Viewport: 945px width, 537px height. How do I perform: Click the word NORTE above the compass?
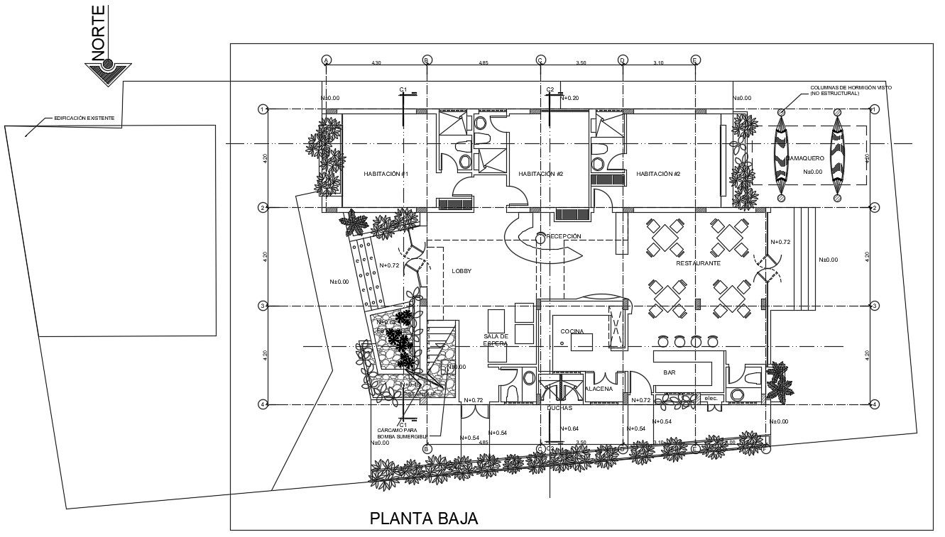98,31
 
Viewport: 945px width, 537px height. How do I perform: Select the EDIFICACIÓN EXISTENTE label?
84,118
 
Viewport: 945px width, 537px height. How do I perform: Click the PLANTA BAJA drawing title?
424,519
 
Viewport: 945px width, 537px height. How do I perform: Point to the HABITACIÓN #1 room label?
386,174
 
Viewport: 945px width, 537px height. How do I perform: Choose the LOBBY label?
461,271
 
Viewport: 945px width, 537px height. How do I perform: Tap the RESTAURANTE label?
698,263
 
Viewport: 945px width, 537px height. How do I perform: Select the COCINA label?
572,332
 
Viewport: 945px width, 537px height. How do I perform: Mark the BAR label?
669,372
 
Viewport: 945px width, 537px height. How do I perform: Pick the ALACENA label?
599,389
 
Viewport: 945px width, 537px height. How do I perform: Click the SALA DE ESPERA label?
496,340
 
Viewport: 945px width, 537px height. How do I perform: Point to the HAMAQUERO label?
804,158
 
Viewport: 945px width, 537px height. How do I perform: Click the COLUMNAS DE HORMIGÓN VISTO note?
851,91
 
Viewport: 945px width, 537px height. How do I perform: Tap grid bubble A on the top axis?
327,60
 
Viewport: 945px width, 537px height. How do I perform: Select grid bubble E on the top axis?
695,60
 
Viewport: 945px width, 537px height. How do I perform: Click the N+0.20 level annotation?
569,99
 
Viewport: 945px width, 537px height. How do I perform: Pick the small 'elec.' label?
711,398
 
